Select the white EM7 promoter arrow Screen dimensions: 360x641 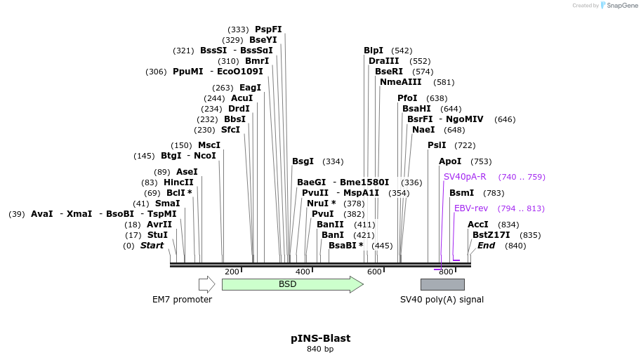[x=206, y=284]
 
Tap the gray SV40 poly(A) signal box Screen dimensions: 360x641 [x=442, y=284]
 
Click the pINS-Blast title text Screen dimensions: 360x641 [x=320, y=338]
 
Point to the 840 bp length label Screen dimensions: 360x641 [x=320, y=349]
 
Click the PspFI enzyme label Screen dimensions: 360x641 [x=268, y=29]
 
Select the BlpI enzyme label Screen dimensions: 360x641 [x=374, y=51]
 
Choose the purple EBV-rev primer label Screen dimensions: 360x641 [x=470, y=208]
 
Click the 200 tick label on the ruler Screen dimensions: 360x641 [x=232, y=272]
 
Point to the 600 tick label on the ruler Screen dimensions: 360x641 [x=374, y=272]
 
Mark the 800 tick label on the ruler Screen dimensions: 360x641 [x=446, y=272]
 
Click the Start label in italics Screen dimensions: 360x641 [x=152, y=246]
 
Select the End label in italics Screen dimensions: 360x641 [x=486, y=246]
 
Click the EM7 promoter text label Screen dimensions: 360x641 [x=182, y=300]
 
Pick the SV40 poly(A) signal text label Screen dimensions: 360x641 [x=442, y=300]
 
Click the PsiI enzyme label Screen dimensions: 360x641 [x=437, y=145]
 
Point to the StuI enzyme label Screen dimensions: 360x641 [x=158, y=235]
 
